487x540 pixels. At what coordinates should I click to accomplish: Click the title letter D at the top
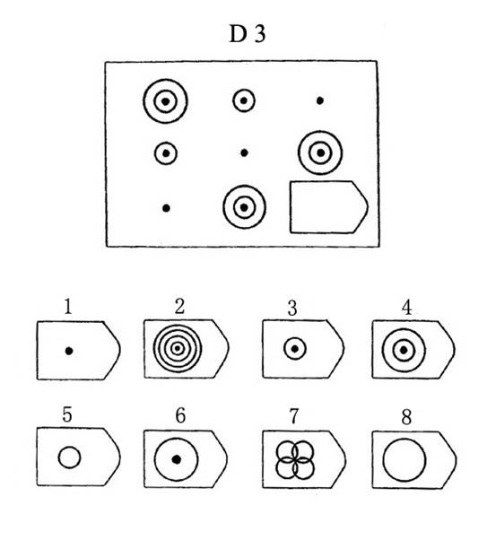(238, 34)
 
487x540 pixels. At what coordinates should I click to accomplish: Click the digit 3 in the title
(260, 34)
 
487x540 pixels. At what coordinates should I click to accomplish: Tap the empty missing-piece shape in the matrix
(329, 207)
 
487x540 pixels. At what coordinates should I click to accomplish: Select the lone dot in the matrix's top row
(320, 100)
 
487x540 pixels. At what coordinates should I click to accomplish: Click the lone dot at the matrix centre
(244, 152)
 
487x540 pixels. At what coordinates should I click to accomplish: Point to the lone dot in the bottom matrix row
(166, 208)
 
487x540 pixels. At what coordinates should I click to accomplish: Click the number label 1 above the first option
(68, 306)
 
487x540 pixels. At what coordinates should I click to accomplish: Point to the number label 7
(293, 415)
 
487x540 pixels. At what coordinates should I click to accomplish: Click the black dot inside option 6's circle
(177, 459)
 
